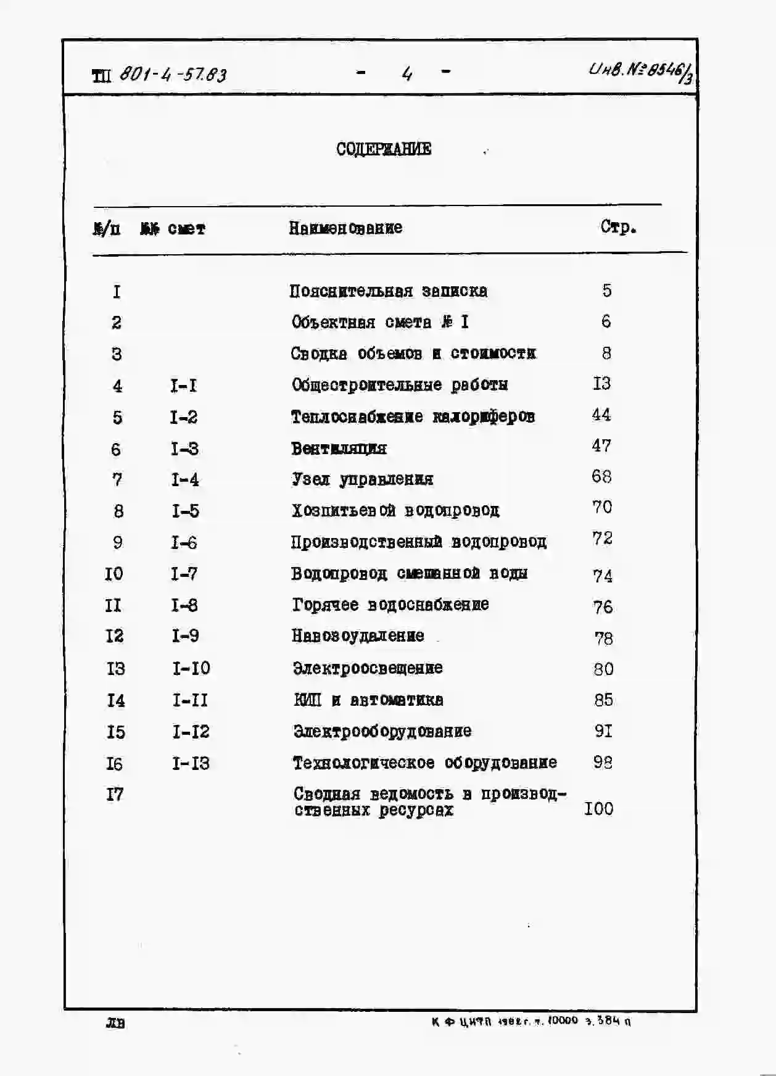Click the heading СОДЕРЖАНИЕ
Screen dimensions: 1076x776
(384, 149)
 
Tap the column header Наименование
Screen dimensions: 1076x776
(345, 228)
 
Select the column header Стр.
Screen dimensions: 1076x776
(618, 227)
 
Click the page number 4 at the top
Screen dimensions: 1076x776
(407, 74)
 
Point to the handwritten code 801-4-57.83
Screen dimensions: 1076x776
(173, 75)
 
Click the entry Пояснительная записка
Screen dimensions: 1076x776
(388, 291)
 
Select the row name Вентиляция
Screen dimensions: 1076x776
(339, 449)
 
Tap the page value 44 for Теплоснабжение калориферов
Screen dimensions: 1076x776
(601, 415)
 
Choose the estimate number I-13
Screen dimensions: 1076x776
(191, 763)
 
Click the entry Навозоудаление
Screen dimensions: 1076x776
(358, 636)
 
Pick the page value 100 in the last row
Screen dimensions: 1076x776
(598, 808)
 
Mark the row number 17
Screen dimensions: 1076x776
(115, 795)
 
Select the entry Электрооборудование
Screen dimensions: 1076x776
(382, 732)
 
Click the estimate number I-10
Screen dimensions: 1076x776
(191, 668)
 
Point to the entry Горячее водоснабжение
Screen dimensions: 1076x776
(390, 605)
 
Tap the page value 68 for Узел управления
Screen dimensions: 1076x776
(601, 477)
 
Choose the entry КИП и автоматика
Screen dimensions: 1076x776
(368, 700)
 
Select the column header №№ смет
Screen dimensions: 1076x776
(173, 229)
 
